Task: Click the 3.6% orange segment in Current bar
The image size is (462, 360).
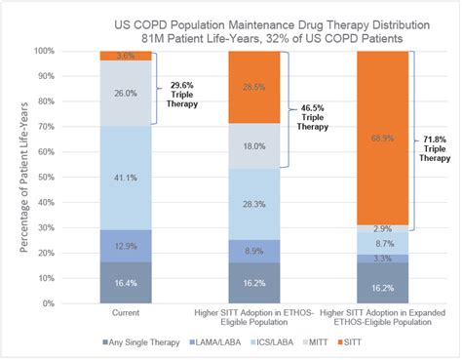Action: tap(125, 56)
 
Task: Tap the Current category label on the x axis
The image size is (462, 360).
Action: tap(125, 312)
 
